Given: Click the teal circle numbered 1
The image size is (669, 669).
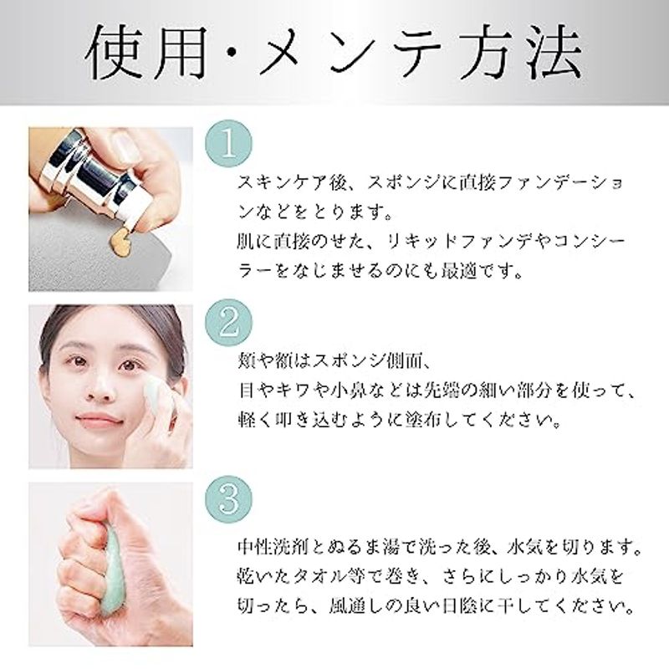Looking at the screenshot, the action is click(228, 144).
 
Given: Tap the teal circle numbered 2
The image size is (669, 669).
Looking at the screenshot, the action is click(228, 322).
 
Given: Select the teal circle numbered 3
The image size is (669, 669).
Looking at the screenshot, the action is click(228, 499).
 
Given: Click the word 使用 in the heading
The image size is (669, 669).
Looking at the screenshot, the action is click(146, 53).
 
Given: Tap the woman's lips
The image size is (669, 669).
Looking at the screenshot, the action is click(99, 419).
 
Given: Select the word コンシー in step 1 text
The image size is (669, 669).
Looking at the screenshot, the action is click(582, 242).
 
